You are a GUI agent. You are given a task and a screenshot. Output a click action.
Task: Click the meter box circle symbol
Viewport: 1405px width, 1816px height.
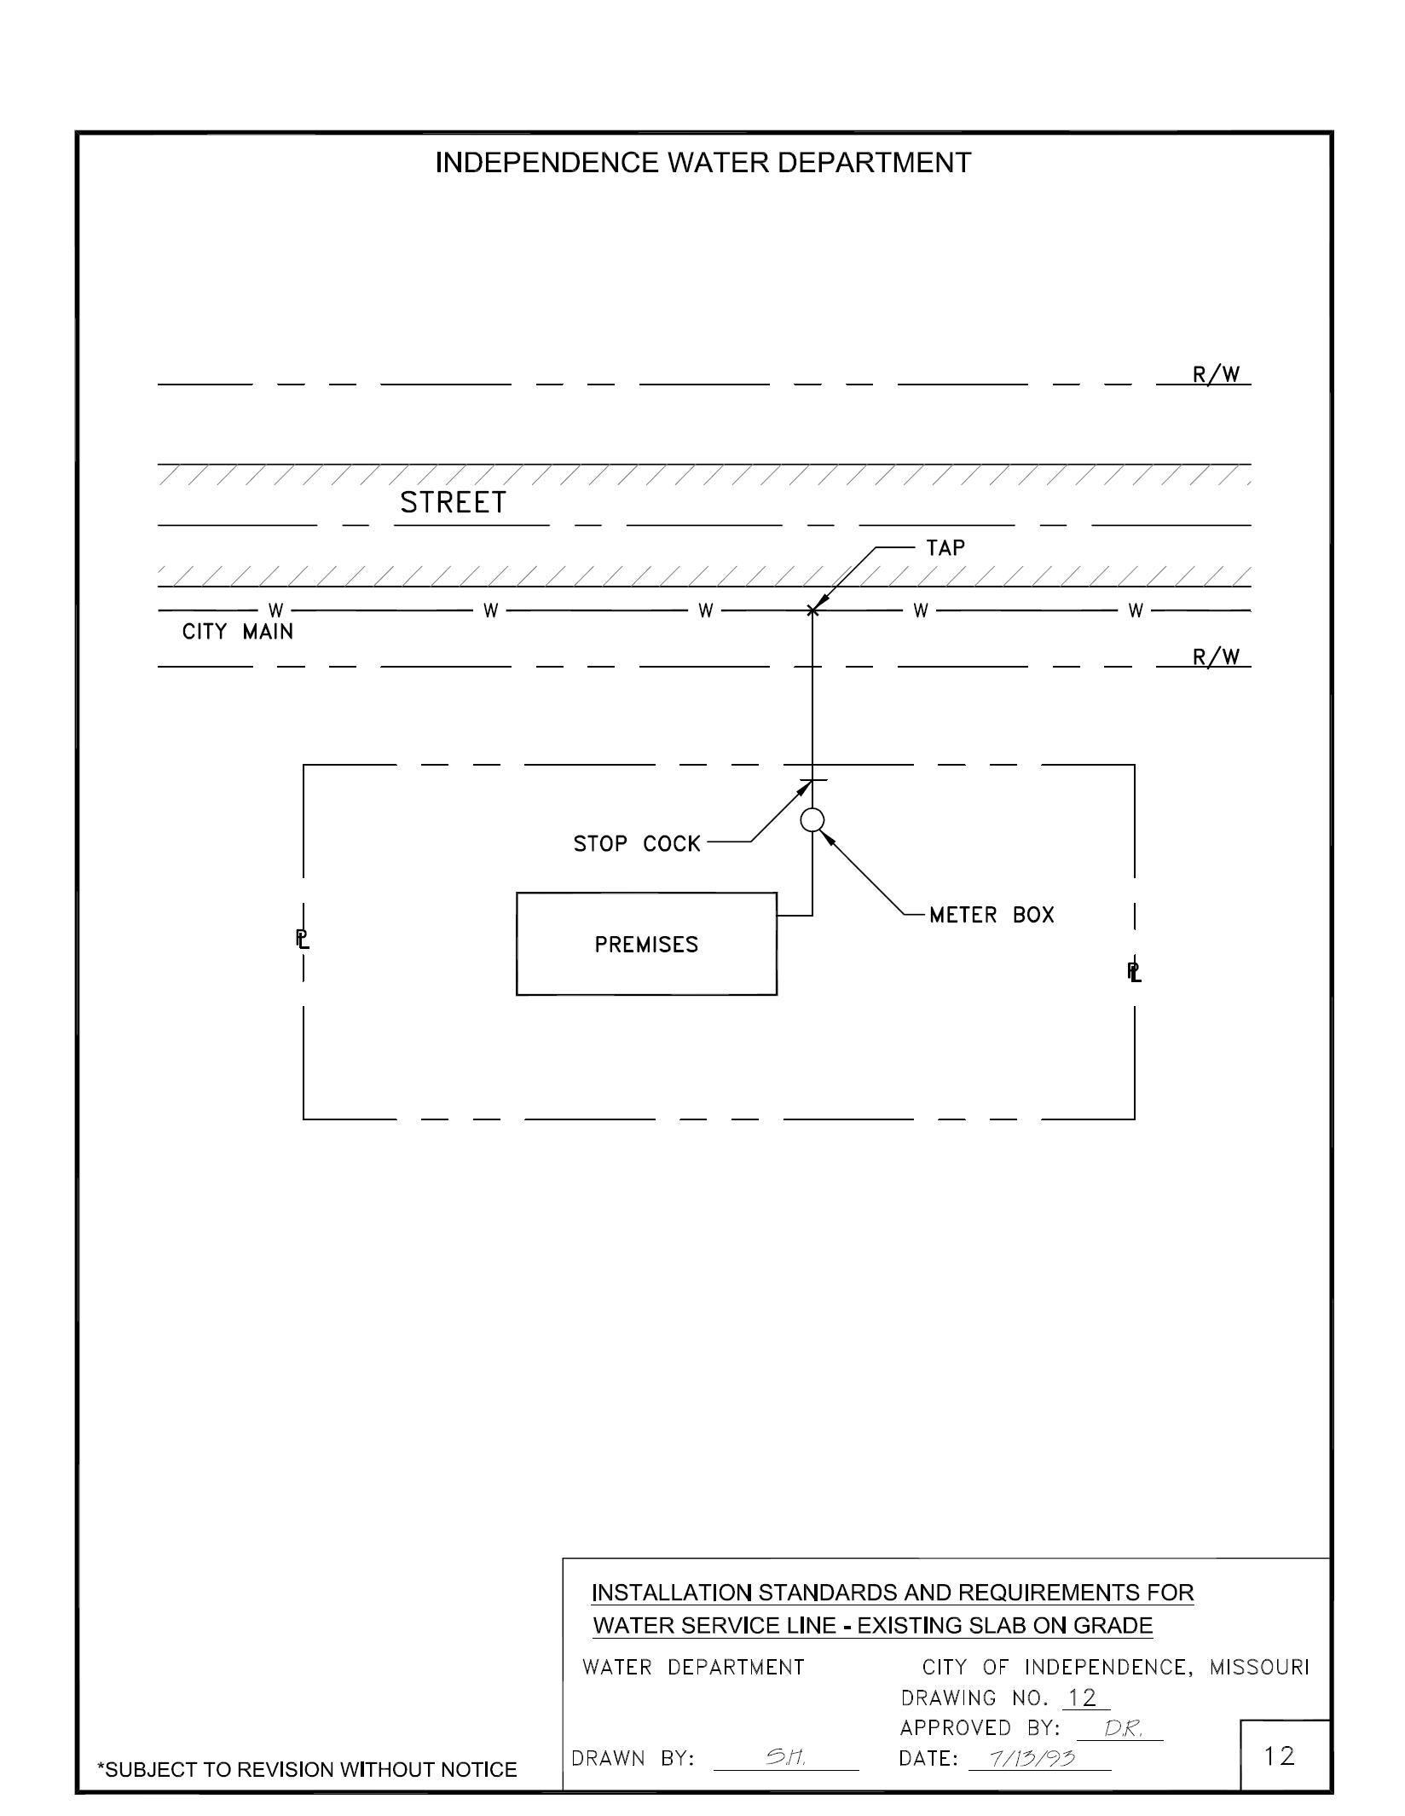[x=812, y=820]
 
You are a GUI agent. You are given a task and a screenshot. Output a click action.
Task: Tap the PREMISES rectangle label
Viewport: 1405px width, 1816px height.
[x=646, y=945]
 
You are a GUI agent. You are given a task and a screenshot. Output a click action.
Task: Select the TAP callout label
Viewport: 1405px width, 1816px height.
[x=945, y=548]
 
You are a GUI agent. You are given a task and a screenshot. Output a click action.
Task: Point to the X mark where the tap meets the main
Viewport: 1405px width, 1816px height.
[x=812, y=610]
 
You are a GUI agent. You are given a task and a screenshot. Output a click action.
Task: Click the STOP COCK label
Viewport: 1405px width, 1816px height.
[x=636, y=844]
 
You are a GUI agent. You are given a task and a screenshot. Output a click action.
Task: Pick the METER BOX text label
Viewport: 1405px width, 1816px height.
[x=992, y=916]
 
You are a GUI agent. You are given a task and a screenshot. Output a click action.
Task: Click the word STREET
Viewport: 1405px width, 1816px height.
[x=453, y=503]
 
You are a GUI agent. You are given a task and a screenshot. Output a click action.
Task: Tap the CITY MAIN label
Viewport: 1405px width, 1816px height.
[x=238, y=633]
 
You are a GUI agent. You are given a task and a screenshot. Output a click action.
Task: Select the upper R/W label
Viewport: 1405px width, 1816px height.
[x=1216, y=375]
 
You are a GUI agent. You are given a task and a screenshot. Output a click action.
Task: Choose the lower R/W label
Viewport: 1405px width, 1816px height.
[x=1216, y=657]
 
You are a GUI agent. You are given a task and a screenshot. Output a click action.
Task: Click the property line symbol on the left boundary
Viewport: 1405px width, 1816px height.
[x=303, y=940]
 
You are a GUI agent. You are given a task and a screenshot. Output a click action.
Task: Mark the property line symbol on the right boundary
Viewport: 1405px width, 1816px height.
[x=1134, y=971]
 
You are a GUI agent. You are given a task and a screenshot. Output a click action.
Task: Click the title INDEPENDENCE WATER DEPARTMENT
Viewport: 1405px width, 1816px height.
[x=702, y=163]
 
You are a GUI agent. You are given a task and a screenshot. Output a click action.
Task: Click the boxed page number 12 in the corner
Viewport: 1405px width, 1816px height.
[x=1280, y=1757]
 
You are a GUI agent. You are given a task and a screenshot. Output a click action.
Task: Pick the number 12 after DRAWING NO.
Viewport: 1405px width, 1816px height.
[x=1083, y=1698]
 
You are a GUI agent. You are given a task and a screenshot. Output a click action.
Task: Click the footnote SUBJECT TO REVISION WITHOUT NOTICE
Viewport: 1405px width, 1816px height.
[x=308, y=1770]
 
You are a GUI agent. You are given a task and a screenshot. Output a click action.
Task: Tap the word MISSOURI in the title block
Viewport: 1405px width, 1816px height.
[x=1258, y=1667]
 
